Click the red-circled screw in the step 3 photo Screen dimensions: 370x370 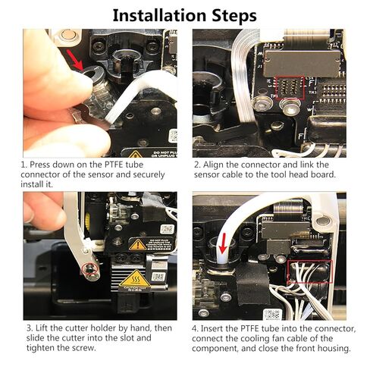point(89,269)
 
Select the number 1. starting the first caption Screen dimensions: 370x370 point(25,165)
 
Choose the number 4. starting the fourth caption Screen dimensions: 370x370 point(197,327)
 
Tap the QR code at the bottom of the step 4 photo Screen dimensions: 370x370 point(271,313)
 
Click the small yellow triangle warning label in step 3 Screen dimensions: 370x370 point(137,245)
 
